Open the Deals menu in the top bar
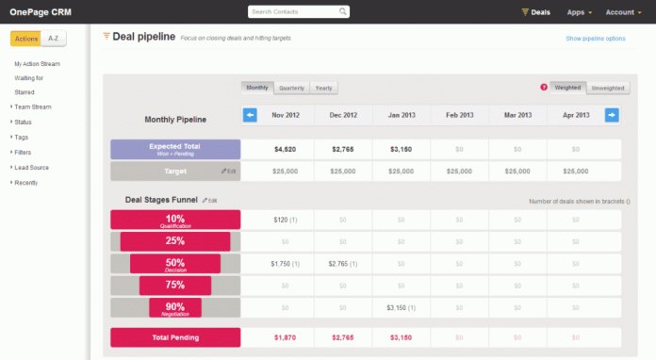tap(535, 12)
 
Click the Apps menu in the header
tap(579, 12)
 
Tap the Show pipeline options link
tap(595, 39)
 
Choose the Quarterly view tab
tap(291, 88)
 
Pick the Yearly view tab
tap(323, 88)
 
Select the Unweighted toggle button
tap(607, 88)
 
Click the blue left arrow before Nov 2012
tap(250, 115)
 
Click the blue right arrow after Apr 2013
tap(612, 115)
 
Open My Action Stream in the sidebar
tap(37, 63)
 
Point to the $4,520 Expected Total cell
tap(286, 149)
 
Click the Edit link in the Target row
tap(229, 172)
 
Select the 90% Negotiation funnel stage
tap(174, 308)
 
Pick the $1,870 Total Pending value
tap(286, 337)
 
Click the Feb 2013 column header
tap(460, 115)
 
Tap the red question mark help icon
tap(544, 88)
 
